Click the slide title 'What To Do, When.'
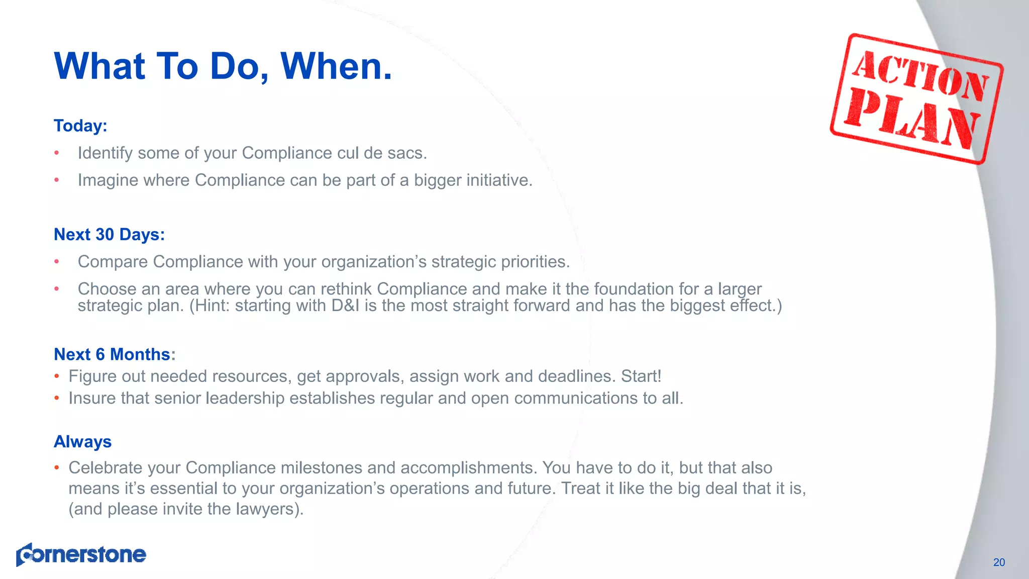point(223,66)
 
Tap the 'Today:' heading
point(80,126)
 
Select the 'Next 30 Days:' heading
point(109,235)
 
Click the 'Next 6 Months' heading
point(112,354)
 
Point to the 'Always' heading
point(82,442)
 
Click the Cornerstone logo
point(81,554)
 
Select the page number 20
point(999,562)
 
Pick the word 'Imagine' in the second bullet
point(108,180)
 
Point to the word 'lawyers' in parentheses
point(264,509)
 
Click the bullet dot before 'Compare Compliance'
point(57,261)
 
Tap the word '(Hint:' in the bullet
point(209,306)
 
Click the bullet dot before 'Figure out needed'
point(57,376)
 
